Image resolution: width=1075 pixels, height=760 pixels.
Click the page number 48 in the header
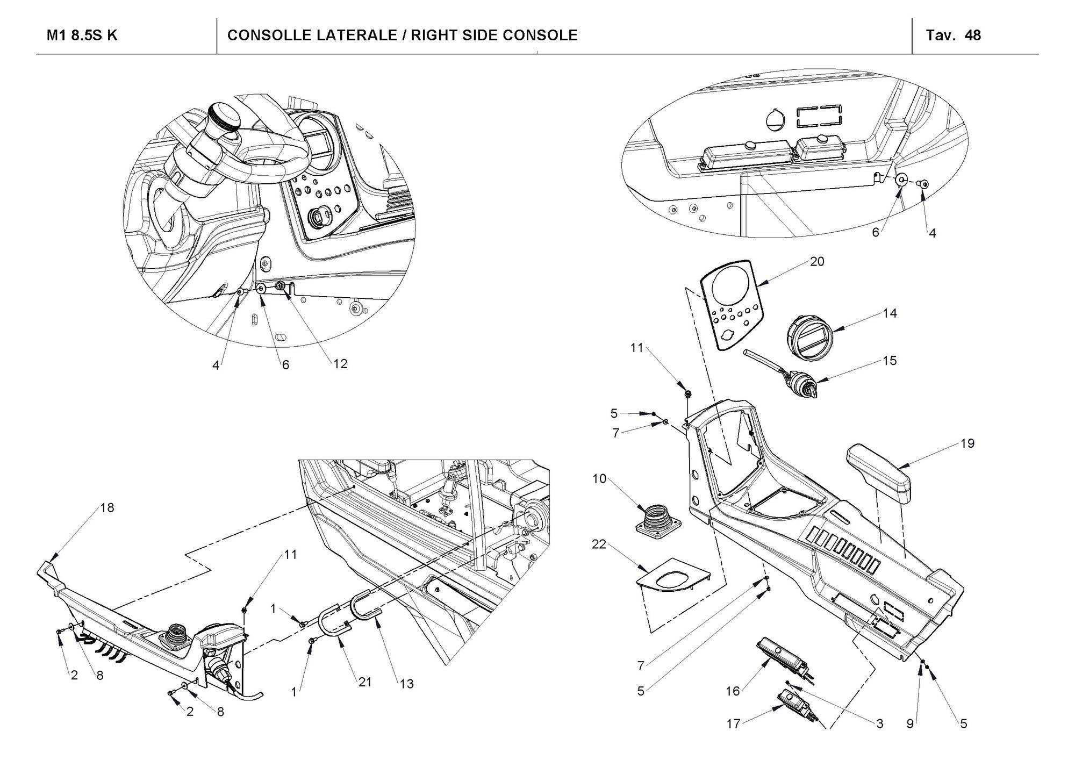973,35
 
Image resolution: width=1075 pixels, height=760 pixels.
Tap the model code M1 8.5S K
82,35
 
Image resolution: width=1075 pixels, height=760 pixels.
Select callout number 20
817,262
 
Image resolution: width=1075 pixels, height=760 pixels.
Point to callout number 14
890,313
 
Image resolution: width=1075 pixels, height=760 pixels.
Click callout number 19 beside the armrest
967,444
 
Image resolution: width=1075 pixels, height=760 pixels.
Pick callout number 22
599,544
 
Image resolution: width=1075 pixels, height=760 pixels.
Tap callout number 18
107,508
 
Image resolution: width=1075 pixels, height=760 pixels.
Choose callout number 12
340,364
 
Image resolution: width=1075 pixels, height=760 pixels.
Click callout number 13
407,684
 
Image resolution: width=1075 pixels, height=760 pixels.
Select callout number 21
365,682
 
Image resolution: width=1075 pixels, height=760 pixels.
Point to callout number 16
733,691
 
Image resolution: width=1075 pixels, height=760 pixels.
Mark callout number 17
733,724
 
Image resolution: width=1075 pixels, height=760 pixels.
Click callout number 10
599,479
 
